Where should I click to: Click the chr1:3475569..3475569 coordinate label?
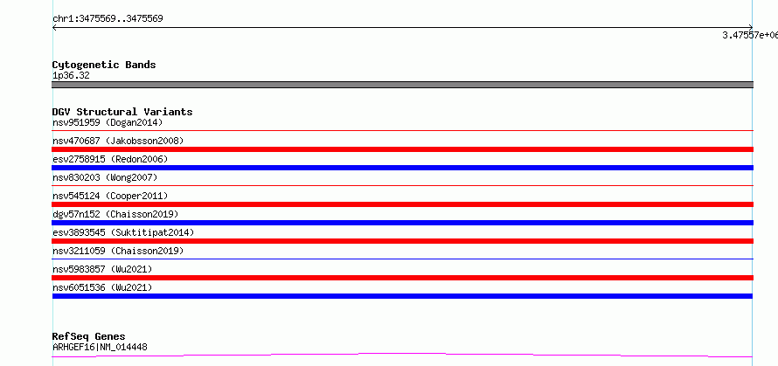(x=108, y=19)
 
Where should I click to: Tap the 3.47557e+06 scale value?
(x=750, y=35)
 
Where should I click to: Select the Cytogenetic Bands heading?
(x=104, y=65)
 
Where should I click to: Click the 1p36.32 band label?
(x=71, y=76)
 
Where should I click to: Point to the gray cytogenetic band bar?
(x=402, y=85)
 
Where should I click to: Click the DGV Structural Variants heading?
(x=122, y=112)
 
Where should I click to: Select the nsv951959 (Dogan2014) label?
(x=108, y=122)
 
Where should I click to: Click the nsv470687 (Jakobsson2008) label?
(x=118, y=141)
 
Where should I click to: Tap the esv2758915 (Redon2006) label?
(x=110, y=159)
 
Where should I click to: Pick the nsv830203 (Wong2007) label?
(x=105, y=177)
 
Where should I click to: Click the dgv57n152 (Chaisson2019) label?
(x=115, y=214)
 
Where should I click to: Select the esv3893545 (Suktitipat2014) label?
(x=123, y=232)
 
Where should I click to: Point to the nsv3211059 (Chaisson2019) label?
(x=118, y=251)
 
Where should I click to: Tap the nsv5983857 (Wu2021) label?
(x=102, y=269)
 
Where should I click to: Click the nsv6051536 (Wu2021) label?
(x=102, y=287)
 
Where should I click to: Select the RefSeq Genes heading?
(x=89, y=337)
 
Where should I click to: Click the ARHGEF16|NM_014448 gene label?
(x=100, y=347)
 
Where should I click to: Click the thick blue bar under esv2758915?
(x=402, y=168)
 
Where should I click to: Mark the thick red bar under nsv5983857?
(x=402, y=278)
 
